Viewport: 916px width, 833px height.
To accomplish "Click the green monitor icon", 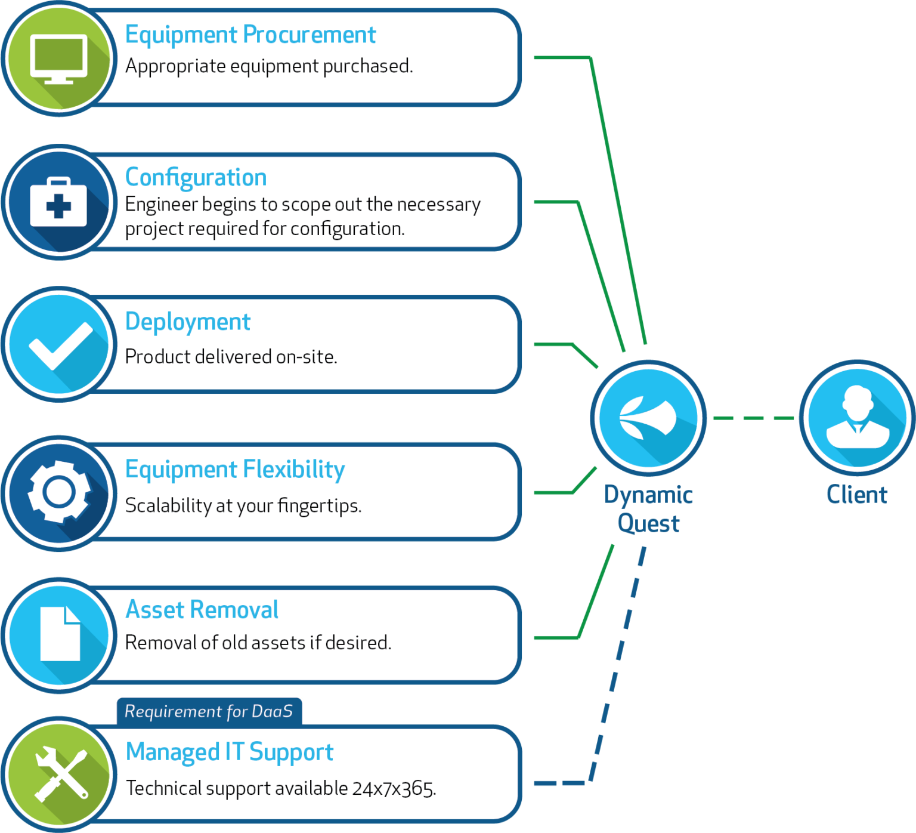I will pos(59,59).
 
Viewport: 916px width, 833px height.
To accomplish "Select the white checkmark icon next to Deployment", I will pos(60,345).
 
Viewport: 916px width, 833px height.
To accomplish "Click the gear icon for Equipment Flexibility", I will pos(59,493).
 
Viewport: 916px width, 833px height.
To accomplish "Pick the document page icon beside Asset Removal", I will pos(60,634).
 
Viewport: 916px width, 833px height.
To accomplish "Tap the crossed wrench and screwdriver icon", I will pos(60,774).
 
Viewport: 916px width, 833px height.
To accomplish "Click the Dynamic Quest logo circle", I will pos(648,418).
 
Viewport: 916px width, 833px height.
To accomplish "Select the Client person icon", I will pos(857,418).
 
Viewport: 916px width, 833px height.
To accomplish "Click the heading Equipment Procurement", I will pos(250,35).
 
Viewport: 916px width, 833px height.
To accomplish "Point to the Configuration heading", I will pos(196,177).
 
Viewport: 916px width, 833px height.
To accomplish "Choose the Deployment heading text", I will pos(187,322).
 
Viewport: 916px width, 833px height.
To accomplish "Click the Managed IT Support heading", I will pos(229,752).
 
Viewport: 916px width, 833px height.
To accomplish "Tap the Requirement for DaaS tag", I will pos(209,711).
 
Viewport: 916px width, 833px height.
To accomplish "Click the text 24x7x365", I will pos(394,788).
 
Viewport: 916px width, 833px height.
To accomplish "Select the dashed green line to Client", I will pos(753,418).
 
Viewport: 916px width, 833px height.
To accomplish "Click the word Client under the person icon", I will pos(857,495).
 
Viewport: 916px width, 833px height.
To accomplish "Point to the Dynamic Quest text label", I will pos(648,509).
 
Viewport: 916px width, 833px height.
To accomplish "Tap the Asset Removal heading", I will pos(202,610).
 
